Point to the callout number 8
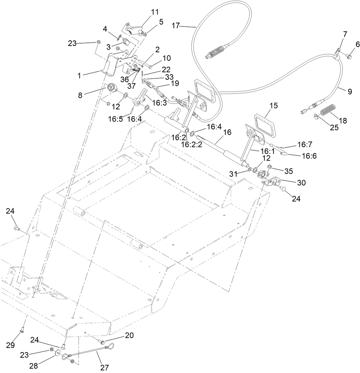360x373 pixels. pyautogui.click(x=80, y=95)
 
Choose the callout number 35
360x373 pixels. pyautogui.click(x=289, y=171)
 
